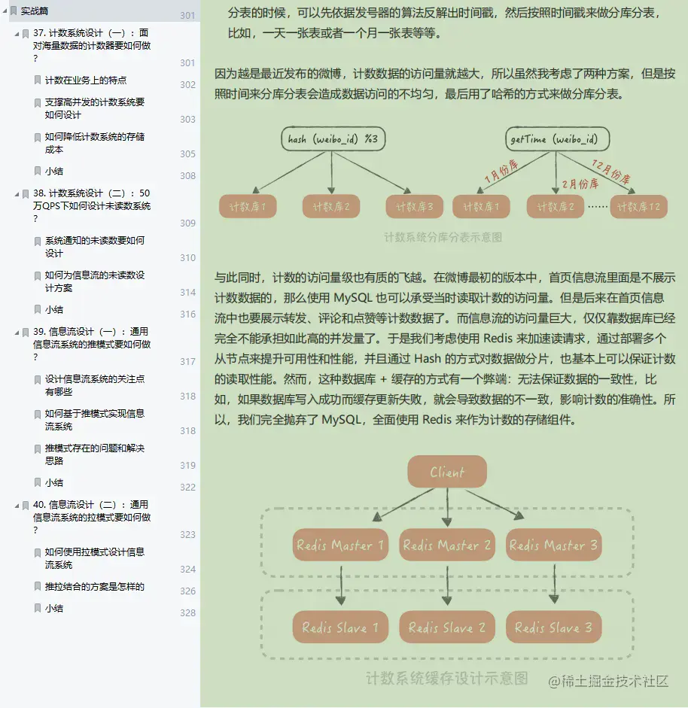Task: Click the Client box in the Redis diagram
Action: (x=447, y=472)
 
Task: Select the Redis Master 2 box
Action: (x=447, y=545)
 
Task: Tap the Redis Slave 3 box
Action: (x=553, y=627)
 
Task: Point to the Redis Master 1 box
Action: (x=340, y=545)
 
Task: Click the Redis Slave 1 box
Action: (x=340, y=627)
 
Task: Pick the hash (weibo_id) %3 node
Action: (x=332, y=139)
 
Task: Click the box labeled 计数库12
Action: (x=638, y=206)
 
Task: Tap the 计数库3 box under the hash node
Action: (x=414, y=206)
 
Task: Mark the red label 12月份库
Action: (x=610, y=172)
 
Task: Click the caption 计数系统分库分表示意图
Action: (x=443, y=237)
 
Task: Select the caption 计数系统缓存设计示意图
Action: (x=446, y=678)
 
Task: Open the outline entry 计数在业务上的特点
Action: (x=85, y=81)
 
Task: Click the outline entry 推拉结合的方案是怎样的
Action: (x=94, y=587)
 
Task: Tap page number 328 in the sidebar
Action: (x=187, y=613)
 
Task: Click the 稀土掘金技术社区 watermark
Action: (x=608, y=681)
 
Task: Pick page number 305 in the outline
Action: (x=187, y=154)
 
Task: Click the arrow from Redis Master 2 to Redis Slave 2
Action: (x=448, y=585)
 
